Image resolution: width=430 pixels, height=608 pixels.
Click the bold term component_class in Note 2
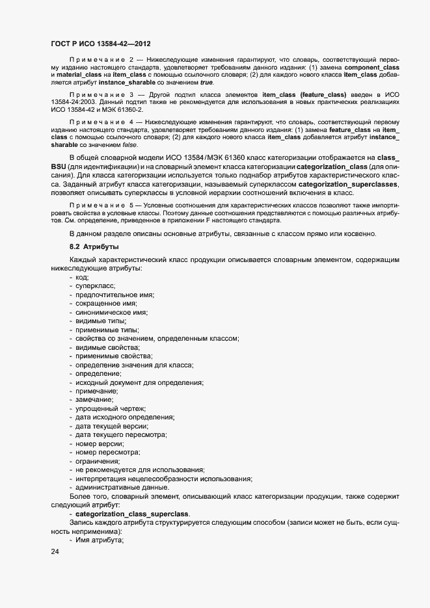pyautogui.click(x=372, y=68)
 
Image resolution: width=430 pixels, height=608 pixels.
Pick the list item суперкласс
pyautogui.click(x=96, y=286)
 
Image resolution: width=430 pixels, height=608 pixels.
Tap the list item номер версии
pyautogui.click(x=100, y=443)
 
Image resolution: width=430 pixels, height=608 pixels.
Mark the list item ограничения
pyautogui.click(x=98, y=461)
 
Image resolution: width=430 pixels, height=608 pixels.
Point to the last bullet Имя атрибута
pyautogui.click(x=100, y=540)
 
